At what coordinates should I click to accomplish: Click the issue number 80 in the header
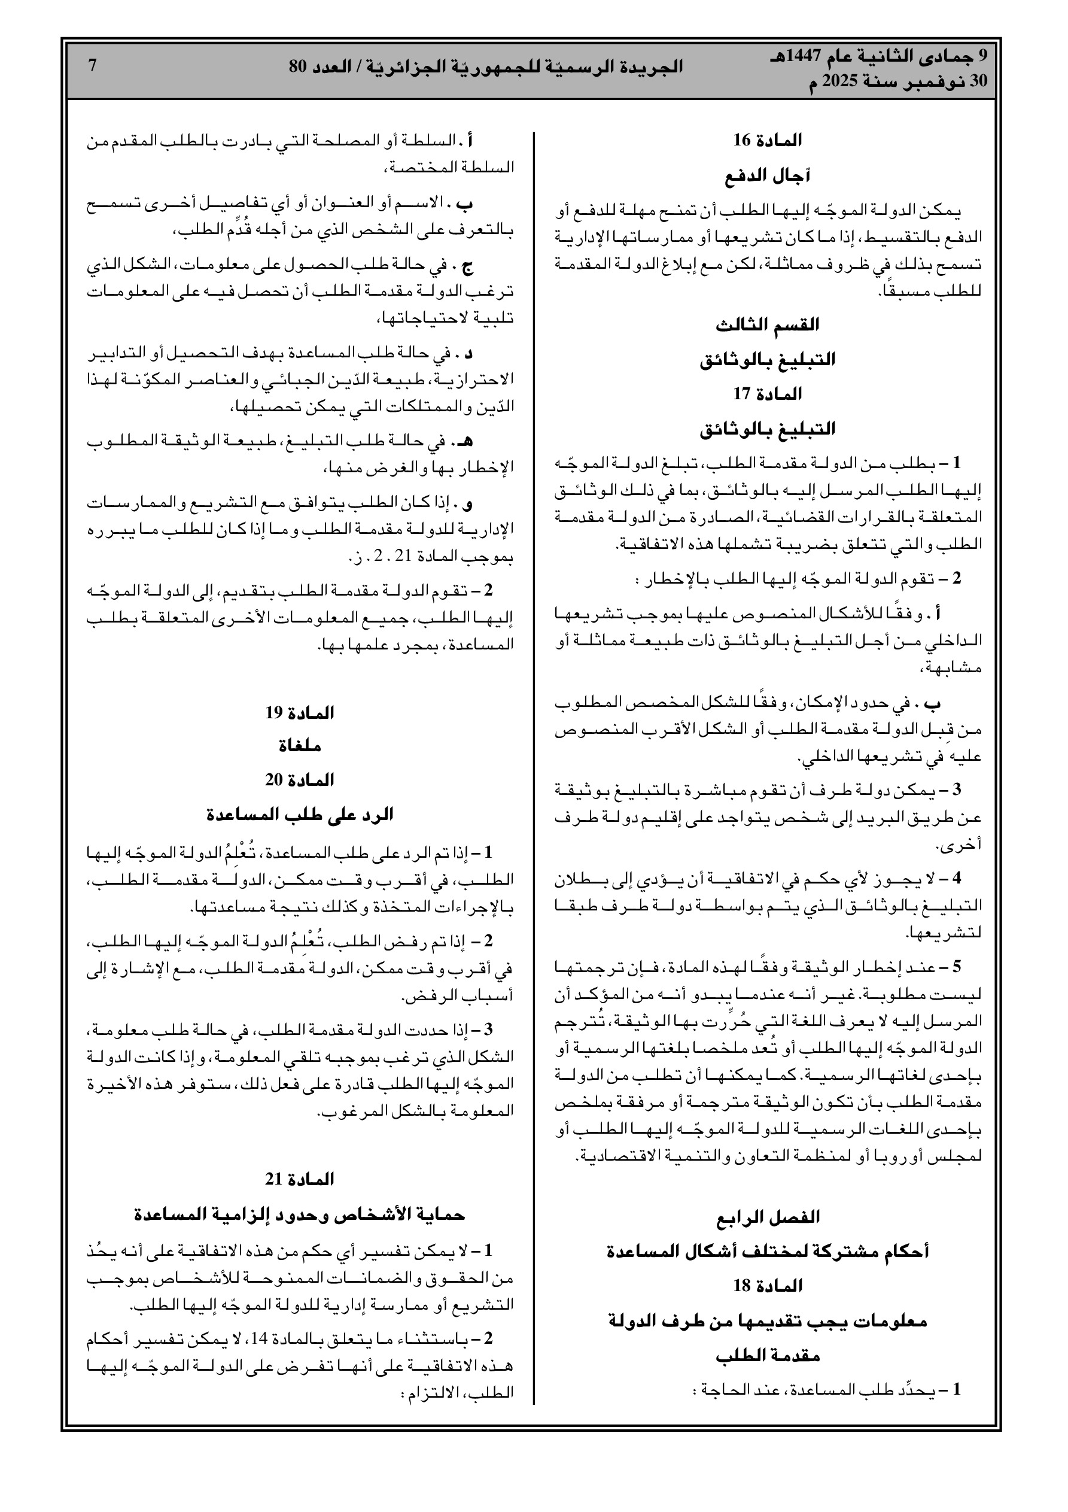pos(299,66)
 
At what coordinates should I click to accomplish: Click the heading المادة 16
pos(768,140)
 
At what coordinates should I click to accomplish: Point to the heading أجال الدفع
pos(768,176)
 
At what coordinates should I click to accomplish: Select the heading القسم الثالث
pos(768,324)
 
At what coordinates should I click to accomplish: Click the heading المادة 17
pos(768,394)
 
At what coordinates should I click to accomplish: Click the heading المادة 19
pos(300,713)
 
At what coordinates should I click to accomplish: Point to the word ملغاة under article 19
pos(300,747)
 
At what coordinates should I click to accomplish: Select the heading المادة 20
pos(300,781)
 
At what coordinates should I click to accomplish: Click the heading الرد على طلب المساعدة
pos(300,815)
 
